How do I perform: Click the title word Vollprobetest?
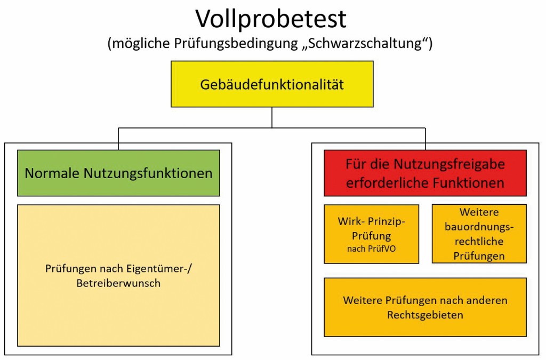[271, 19]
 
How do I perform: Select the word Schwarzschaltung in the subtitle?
[367, 44]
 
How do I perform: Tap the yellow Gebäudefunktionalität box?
[272, 84]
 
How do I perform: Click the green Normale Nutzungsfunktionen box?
[118, 173]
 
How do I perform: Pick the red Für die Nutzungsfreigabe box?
[425, 173]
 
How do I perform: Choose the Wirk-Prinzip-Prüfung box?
[371, 234]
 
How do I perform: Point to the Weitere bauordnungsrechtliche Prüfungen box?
[479, 234]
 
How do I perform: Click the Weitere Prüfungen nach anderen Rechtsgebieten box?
[425, 307]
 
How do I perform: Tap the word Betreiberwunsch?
[118, 283]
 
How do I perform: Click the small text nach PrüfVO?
[372, 247]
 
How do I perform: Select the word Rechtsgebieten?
[425, 315]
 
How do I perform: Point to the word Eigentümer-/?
[162, 269]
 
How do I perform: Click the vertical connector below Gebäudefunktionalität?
[272, 117]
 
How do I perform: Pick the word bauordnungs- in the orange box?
[479, 228]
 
